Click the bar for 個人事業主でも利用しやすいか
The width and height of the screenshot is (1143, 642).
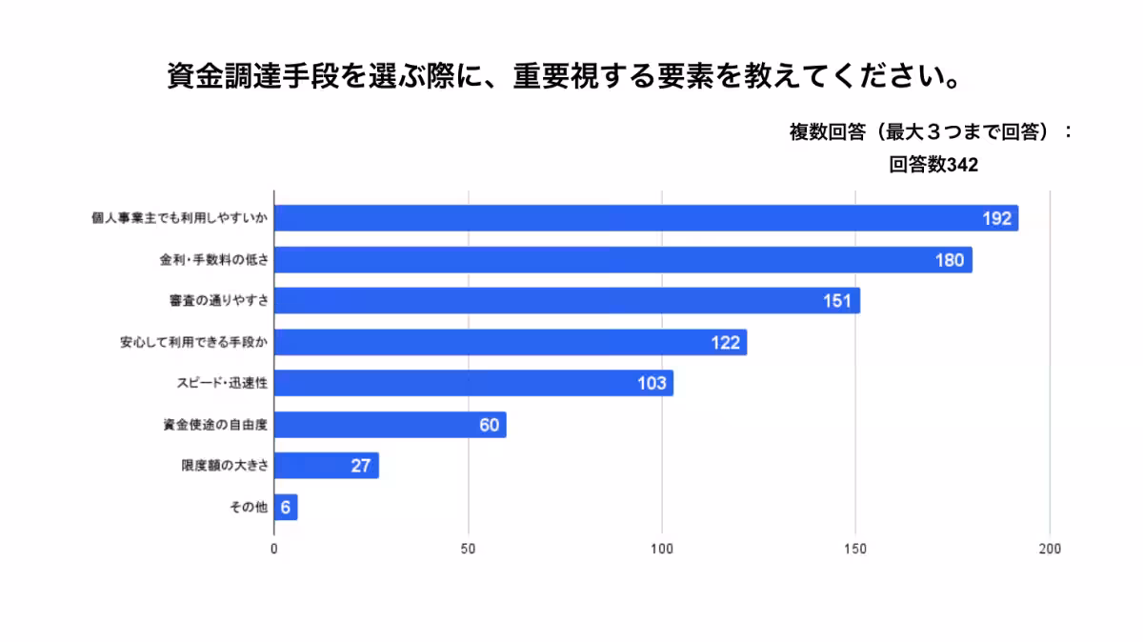(646, 218)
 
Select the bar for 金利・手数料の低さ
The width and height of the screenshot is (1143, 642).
(623, 260)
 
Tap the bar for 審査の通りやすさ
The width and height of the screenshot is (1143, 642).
(567, 301)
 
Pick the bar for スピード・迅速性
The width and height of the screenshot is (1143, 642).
(473, 383)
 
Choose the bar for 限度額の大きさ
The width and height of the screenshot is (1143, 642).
(326, 466)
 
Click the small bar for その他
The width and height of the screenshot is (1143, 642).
(286, 507)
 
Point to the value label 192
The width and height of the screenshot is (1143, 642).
(996, 219)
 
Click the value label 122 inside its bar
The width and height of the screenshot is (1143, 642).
(725, 343)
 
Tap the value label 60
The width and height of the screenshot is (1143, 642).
(489, 425)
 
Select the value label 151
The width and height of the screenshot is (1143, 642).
(838, 301)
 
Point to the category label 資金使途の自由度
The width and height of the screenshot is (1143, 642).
(215, 425)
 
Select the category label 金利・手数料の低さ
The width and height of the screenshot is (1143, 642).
(214, 260)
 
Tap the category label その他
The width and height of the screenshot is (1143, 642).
(249, 507)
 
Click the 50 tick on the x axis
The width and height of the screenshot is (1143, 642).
(468, 550)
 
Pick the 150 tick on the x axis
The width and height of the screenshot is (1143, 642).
(855, 550)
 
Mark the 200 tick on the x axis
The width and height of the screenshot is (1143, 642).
(1050, 550)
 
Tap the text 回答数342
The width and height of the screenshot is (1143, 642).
(933, 165)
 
